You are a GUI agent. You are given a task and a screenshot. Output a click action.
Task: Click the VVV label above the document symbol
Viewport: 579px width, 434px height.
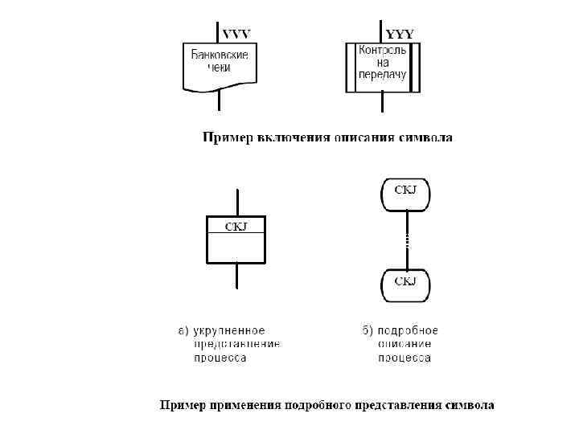point(236,34)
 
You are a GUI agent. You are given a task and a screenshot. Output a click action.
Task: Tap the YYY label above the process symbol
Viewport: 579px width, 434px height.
point(400,34)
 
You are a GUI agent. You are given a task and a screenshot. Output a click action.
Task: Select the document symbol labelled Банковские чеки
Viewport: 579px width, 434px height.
point(220,66)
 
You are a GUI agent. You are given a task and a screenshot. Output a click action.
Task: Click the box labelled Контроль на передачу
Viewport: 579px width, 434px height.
point(383,67)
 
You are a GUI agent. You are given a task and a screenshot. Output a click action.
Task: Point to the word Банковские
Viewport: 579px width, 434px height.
point(220,55)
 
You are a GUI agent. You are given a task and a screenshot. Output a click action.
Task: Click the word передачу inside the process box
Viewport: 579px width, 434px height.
point(383,75)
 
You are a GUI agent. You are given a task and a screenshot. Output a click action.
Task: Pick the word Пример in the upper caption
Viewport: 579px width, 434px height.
point(226,138)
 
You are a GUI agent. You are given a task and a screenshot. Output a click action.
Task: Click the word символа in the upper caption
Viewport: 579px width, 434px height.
point(426,138)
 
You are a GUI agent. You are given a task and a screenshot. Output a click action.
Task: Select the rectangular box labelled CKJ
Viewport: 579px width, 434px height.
point(236,240)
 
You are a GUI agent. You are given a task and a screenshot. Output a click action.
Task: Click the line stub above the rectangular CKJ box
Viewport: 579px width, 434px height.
point(236,202)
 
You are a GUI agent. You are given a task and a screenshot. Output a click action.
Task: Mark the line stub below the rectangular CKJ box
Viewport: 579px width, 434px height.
point(236,276)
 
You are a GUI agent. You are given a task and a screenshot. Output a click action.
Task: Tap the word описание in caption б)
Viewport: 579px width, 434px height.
point(405,344)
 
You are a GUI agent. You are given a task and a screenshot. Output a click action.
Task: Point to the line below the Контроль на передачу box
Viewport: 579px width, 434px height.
point(383,103)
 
